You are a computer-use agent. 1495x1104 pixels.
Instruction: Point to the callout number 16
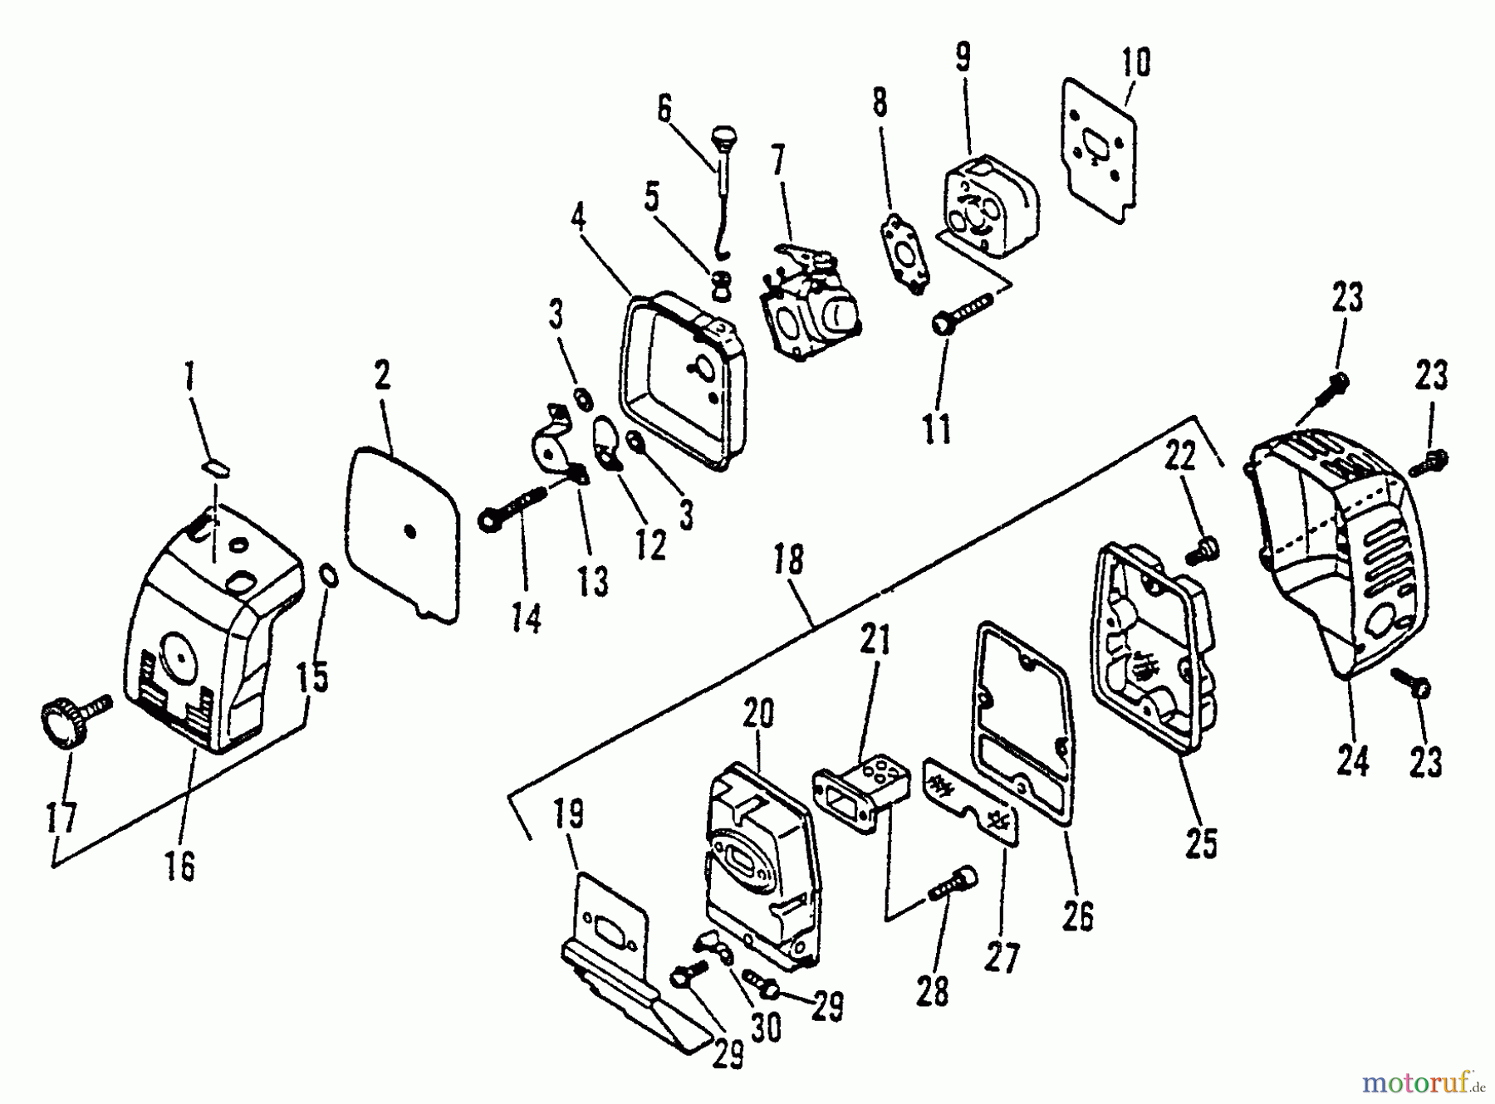coord(179,866)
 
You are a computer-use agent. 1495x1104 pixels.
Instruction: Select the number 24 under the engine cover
coord(1353,760)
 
